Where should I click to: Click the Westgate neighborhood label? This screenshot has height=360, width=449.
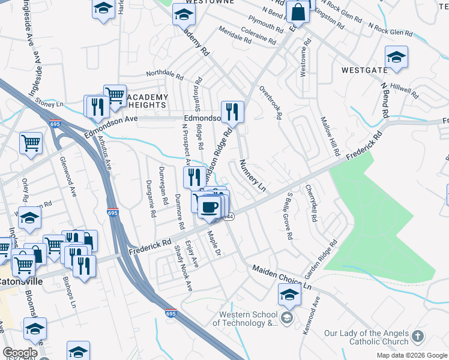pos(364,70)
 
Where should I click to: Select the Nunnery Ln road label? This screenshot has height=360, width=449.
pos(252,175)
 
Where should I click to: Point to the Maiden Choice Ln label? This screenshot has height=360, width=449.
pos(282,278)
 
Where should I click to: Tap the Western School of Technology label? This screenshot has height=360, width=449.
pos(249,319)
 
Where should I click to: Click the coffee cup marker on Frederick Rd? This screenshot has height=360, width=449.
pos(209,208)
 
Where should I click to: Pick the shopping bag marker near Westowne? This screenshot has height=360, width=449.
pos(298,11)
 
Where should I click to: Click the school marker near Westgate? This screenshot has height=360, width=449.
pos(396,58)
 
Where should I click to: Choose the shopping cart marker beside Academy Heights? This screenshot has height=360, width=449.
pos(114,95)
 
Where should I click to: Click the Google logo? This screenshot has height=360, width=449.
pos(20,353)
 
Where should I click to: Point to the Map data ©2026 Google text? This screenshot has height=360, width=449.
pos(411,355)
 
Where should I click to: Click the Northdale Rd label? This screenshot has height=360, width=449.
pos(164,74)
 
